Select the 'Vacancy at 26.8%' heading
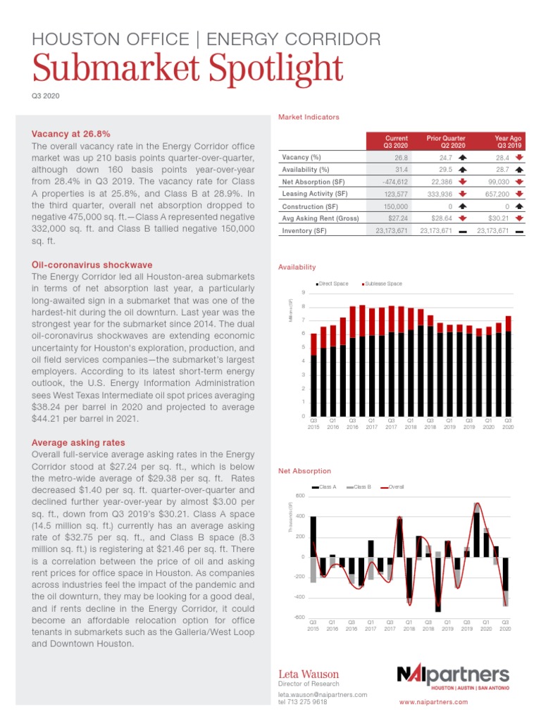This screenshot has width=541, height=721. click(x=71, y=133)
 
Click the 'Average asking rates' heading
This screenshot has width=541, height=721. click(x=78, y=442)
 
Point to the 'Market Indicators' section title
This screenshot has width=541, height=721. click(x=309, y=117)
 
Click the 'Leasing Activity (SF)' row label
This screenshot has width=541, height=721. click(x=315, y=194)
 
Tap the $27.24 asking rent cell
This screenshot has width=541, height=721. click(x=397, y=218)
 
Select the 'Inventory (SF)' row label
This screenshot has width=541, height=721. click(x=304, y=231)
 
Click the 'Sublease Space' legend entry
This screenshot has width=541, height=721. click(x=383, y=284)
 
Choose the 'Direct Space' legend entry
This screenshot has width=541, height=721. click(x=332, y=284)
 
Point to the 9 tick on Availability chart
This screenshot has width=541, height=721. click(x=303, y=293)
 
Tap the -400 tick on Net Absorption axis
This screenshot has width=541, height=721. click(x=300, y=597)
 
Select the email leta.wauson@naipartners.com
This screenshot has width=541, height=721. click(x=323, y=694)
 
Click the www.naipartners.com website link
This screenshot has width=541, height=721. click(x=430, y=703)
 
